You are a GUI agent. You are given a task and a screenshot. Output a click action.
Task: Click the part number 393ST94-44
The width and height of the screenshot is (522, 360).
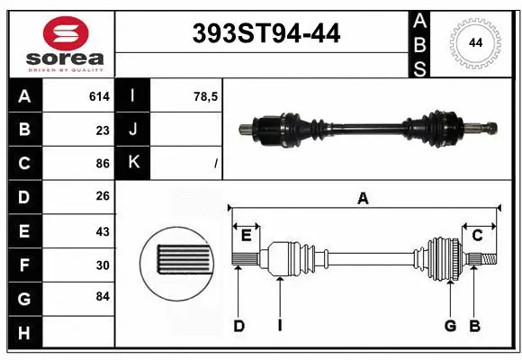click(x=267, y=33)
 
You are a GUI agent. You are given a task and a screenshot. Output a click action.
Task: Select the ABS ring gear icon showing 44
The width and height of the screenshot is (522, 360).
click(x=472, y=42)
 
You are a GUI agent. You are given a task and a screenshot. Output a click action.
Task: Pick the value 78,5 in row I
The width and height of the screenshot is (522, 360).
click(x=206, y=96)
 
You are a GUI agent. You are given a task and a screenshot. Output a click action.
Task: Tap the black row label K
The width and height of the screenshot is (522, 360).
click(x=133, y=163)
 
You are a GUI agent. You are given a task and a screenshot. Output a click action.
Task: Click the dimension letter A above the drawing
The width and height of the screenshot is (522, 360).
click(x=363, y=198)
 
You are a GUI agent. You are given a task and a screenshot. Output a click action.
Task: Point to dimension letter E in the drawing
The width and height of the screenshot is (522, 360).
click(x=246, y=236)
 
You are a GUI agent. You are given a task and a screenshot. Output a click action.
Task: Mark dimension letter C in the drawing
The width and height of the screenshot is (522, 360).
click(x=478, y=236)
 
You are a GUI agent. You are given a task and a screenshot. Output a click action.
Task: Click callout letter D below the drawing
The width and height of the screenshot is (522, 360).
click(x=238, y=326)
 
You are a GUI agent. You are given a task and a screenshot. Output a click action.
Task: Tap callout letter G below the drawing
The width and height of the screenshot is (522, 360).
click(x=450, y=326)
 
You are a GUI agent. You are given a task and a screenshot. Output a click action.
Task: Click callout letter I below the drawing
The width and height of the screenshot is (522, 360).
click(x=280, y=326)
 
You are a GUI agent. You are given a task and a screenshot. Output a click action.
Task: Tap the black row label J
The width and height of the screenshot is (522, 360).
click(x=133, y=130)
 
